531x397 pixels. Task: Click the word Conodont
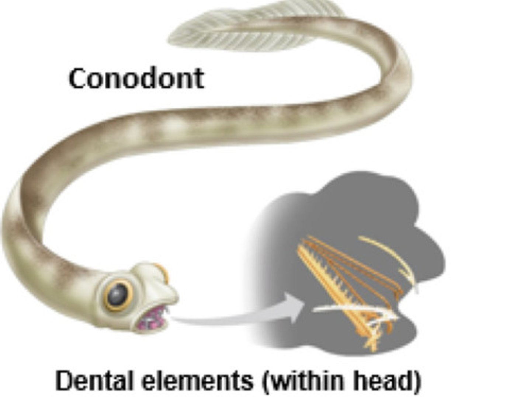pos(136,78)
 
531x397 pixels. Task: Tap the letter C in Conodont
pos(78,79)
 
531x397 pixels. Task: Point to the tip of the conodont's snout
pos(175,295)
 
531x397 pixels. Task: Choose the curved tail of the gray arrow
pos(221,319)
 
